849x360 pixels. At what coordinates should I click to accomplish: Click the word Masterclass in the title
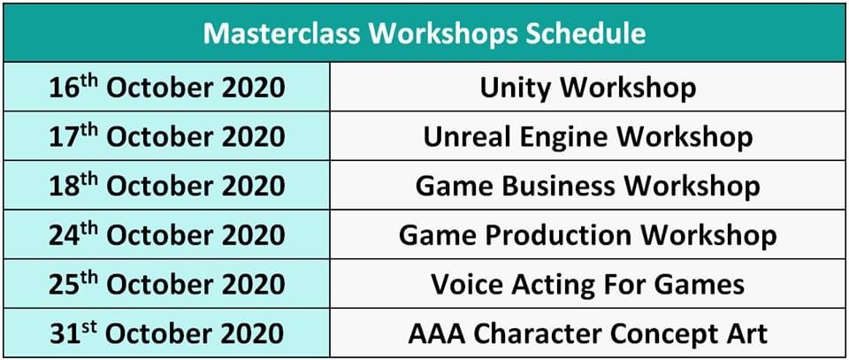(x=281, y=34)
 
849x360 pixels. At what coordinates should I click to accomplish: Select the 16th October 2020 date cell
(x=167, y=88)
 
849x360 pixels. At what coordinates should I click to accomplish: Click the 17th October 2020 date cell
(x=167, y=136)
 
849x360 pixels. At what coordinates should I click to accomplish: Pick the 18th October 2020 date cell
(x=167, y=186)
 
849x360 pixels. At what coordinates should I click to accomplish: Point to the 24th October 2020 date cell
(x=167, y=235)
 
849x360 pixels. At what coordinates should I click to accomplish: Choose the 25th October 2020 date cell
(x=167, y=284)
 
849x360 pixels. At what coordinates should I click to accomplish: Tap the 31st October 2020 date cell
(x=167, y=333)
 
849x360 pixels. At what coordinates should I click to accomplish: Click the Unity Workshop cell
(x=588, y=88)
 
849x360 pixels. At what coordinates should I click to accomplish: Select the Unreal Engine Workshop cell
(x=588, y=136)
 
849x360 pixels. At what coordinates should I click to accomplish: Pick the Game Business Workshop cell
(x=588, y=186)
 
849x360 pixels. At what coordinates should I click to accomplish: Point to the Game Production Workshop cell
(x=588, y=235)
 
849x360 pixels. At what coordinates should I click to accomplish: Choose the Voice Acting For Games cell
(x=588, y=284)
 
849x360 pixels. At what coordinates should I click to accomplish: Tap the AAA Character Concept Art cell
(x=588, y=333)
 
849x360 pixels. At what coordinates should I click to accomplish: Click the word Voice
(x=464, y=284)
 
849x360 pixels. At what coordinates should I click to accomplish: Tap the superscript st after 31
(x=90, y=326)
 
